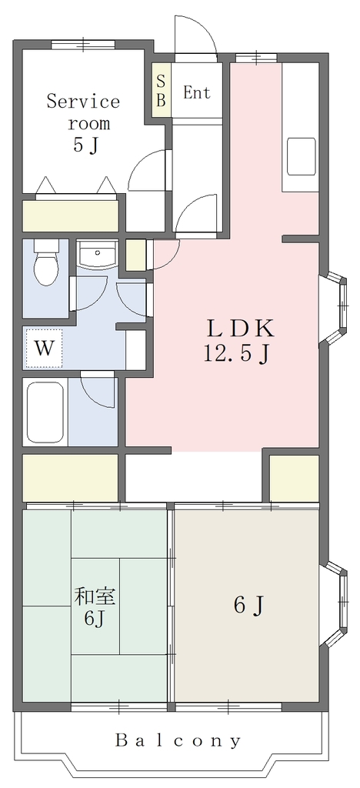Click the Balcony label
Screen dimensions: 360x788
[x=178, y=740]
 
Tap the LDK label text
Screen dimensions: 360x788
[x=241, y=329]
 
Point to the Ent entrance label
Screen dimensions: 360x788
[x=196, y=92]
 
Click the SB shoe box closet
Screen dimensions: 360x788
[x=162, y=91]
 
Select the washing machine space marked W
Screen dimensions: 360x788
[x=43, y=348]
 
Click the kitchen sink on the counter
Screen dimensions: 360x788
[x=302, y=156]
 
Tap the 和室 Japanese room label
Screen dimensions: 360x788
[x=95, y=597]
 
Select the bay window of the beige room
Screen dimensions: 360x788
[x=335, y=603]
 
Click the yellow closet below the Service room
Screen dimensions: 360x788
[x=70, y=216]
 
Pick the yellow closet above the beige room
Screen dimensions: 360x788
[x=294, y=477]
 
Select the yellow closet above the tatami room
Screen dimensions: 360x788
[x=70, y=477]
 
